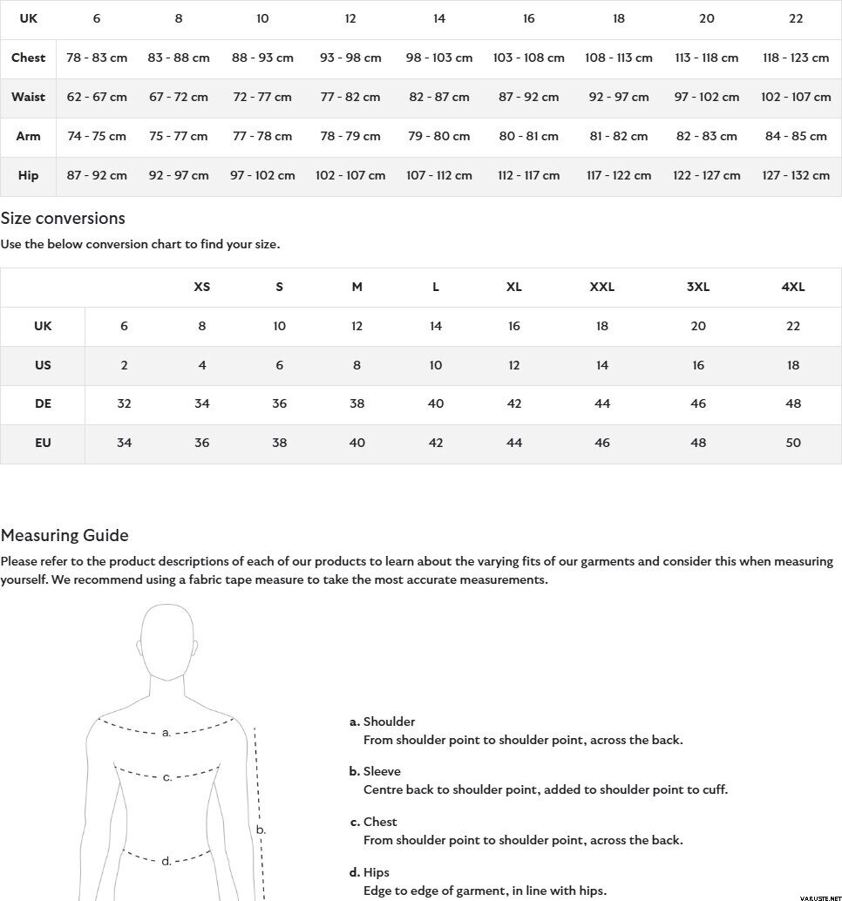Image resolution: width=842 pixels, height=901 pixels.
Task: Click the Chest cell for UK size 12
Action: point(350,58)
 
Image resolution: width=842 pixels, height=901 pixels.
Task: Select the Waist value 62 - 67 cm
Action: point(97,97)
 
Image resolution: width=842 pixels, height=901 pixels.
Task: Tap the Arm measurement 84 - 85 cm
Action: point(795,136)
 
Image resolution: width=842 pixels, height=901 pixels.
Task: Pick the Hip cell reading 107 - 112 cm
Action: point(439,175)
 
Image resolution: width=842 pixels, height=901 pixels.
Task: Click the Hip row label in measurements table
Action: point(28,175)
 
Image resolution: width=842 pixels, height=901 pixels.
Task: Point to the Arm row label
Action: point(28,136)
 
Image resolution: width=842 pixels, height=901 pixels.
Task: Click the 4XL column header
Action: point(793,287)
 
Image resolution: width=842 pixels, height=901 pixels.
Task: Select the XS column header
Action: point(201,287)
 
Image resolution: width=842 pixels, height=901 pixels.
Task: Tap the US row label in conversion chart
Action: point(43,365)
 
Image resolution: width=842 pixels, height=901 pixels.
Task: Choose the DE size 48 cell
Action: point(793,403)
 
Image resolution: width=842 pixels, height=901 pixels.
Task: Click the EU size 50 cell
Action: point(793,443)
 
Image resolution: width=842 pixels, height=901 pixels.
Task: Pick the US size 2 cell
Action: point(124,365)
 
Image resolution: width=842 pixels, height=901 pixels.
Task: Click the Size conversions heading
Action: point(63,218)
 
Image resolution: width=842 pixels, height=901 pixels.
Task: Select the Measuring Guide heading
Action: point(65,535)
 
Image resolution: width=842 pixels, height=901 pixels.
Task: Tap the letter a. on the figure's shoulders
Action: point(166,733)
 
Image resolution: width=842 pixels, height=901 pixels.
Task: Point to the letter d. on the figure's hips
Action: point(166,862)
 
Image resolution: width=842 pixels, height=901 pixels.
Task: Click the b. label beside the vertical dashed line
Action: point(260,830)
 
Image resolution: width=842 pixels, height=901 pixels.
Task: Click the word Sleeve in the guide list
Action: point(382,771)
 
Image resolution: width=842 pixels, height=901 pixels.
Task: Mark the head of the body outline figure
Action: point(166,640)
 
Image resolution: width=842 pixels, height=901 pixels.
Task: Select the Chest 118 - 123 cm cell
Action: point(795,58)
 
